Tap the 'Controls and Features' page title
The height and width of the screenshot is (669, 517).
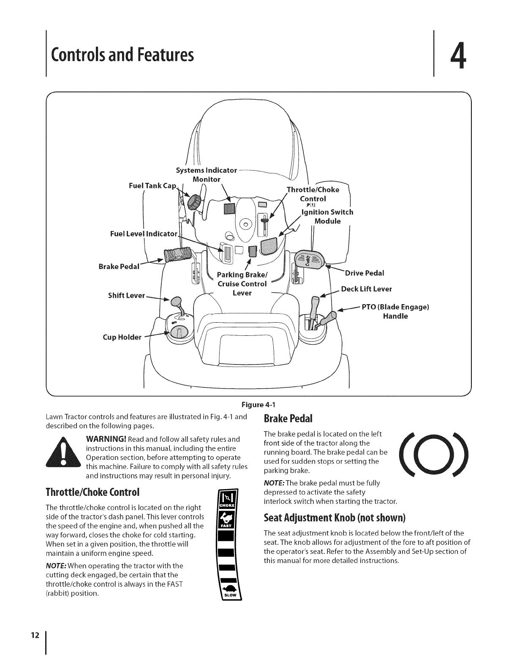pos(122,54)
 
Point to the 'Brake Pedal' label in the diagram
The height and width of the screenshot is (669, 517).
pos(119,267)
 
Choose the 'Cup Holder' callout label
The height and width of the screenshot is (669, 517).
pos(122,337)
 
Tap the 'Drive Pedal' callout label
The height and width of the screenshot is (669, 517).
pos(365,273)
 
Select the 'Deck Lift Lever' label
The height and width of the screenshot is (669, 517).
pos(366,289)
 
